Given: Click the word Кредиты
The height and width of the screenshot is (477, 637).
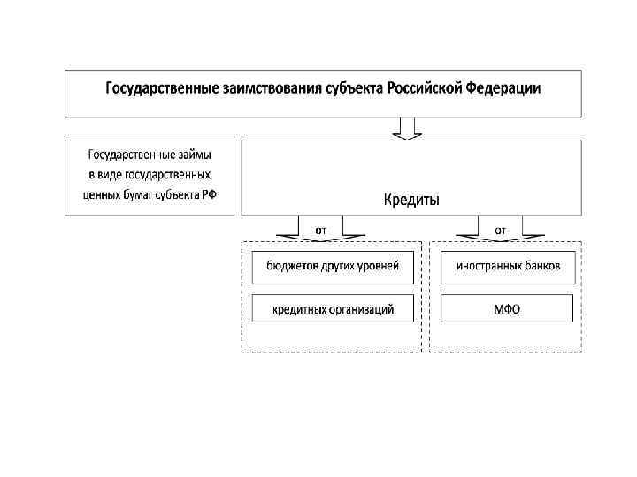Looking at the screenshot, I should click(411, 200).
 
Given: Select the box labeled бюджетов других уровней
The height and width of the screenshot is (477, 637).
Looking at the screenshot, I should click(333, 266).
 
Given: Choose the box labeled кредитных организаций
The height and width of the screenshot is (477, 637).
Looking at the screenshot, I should click(333, 308).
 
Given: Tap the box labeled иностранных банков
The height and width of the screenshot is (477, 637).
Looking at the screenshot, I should click(507, 266).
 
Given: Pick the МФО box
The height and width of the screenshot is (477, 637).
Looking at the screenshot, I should click(507, 308).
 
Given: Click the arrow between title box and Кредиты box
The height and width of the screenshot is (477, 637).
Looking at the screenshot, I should click(408, 129).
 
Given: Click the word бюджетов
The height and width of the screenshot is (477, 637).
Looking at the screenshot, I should click(293, 266).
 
